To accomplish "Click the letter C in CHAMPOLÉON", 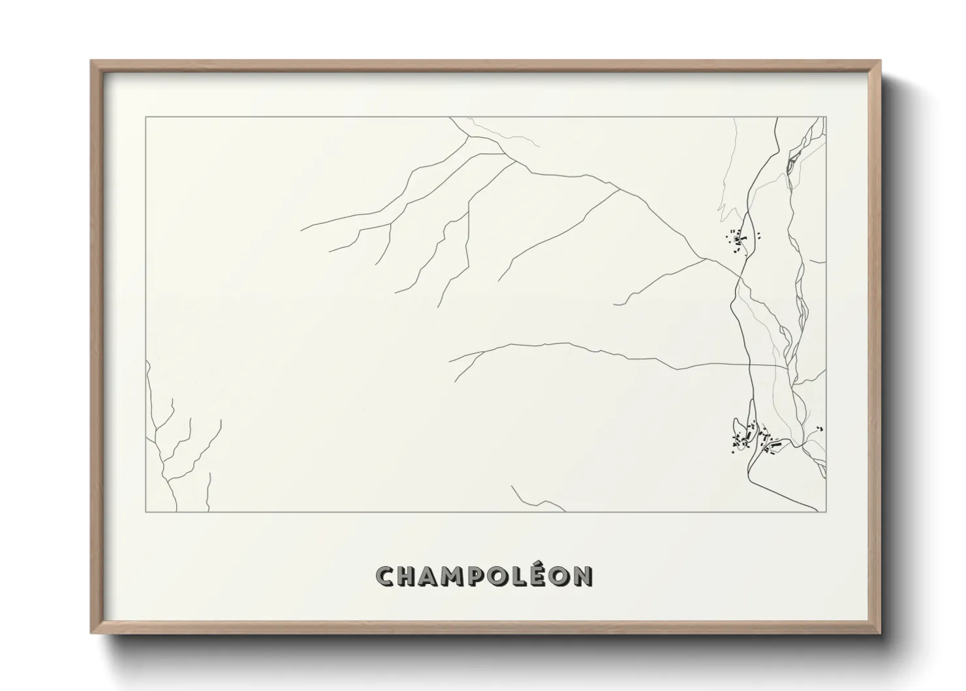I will [x=384, y=576].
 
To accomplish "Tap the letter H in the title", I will [x=407, y=576].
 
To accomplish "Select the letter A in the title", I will [x=431, y=576].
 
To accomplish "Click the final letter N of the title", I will [x=585, y=576].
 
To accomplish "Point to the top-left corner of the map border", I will [x=146, y=117].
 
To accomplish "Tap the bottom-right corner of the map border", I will [x=826, y=512].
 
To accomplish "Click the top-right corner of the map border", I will [x=826, y=117].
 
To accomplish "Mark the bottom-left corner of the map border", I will [x=146, y=512].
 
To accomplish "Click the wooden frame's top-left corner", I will [x=92, y=61].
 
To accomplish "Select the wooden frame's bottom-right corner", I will [x=880, y=632].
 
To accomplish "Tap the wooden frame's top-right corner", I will [x=880, y=61].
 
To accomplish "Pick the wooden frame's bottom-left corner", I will [x=92, y=632].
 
